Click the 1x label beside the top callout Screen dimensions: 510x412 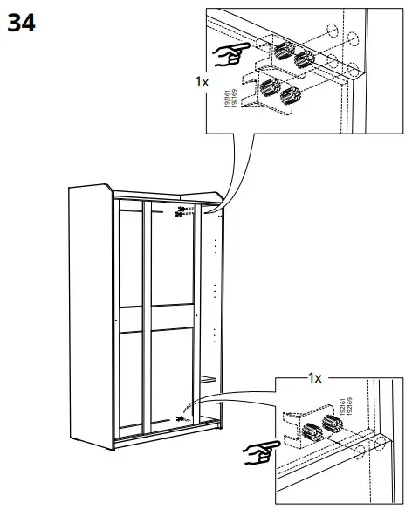[x=203, y=80]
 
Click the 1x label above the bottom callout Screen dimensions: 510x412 [x=315, y=378]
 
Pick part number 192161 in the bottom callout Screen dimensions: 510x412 [x=334, y=405]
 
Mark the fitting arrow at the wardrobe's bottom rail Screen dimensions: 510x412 [x=181, y=420]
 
